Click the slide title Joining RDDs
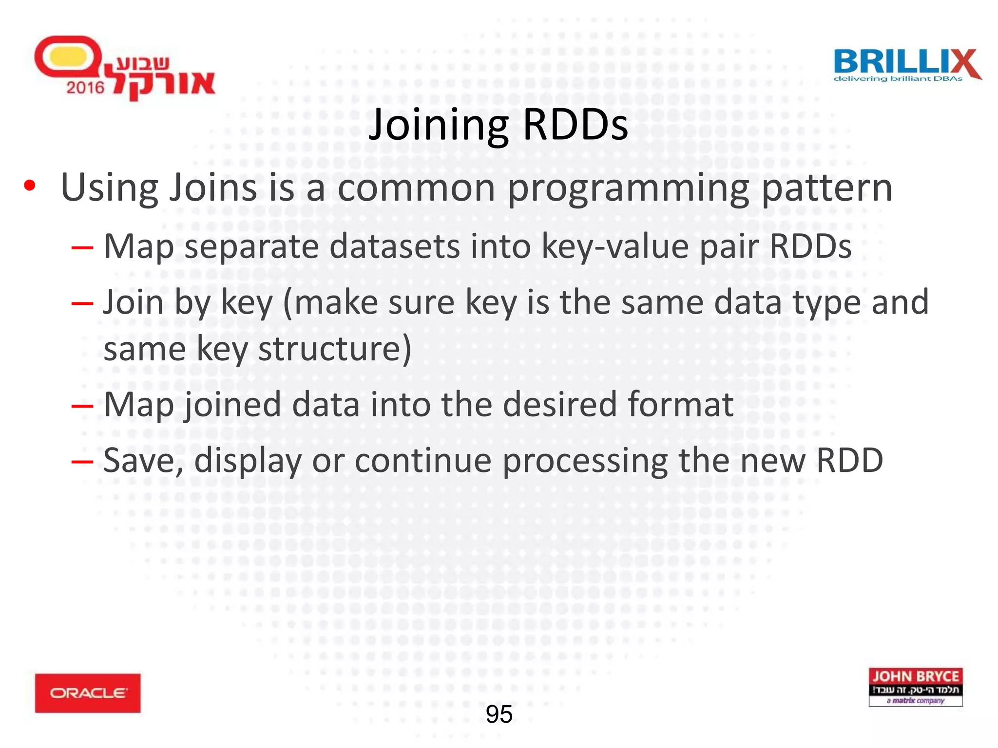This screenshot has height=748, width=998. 498,126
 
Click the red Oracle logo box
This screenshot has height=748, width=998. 88,693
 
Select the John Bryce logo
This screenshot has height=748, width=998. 916,687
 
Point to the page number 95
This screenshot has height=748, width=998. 499,715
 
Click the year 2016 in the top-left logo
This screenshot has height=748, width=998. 85,88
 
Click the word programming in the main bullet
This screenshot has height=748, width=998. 628,188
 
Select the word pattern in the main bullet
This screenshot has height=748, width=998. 827,188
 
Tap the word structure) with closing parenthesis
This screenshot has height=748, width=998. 335,349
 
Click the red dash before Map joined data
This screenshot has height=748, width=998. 82,405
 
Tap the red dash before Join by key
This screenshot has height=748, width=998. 82,303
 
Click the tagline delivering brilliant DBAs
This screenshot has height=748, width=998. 898,79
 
